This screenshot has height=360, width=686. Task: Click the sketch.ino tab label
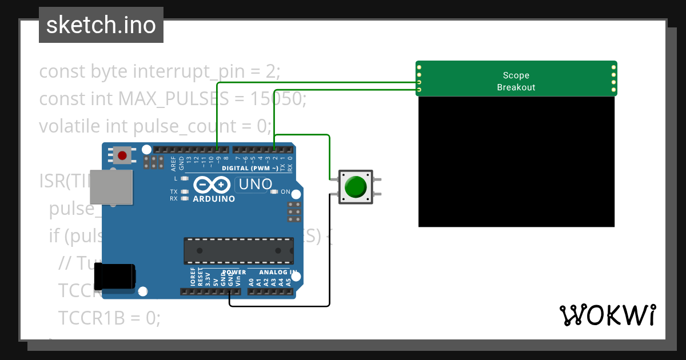(x=101, y=25)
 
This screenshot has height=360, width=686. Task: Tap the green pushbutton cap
(x=356, y=187)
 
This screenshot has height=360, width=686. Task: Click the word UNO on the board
(x=255, y=185)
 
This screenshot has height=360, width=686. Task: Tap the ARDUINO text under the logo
(x=214, y=199)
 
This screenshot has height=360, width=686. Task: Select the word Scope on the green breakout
(x=516, y=75)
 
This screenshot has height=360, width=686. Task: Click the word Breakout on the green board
(x=516, y=87)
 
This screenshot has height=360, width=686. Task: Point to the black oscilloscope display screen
(x=516, y=162)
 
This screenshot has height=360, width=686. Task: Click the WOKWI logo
(x=607, y=315)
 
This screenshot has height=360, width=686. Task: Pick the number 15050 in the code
(x=276, y=99)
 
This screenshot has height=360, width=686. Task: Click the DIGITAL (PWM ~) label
(x=250, y=168)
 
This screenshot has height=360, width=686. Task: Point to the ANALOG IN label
(x=278, y=272)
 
